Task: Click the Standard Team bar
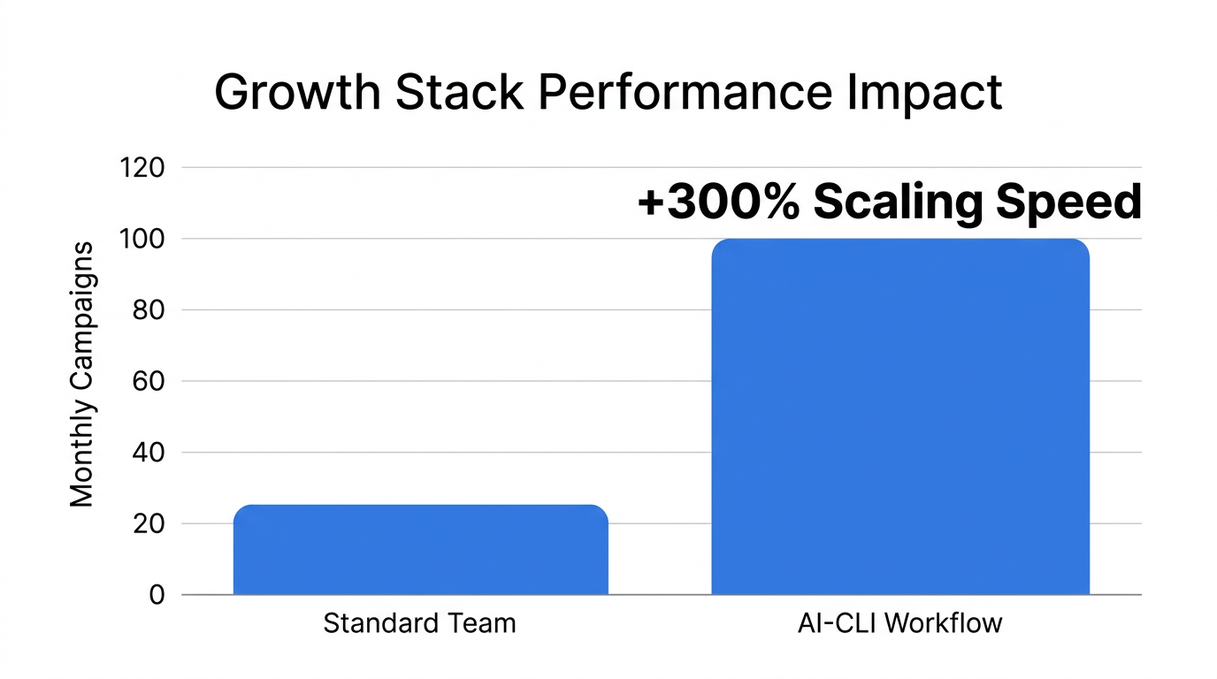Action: (420, 549)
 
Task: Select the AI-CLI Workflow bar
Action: (900, 416)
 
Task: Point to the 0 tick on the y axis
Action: (156, 595)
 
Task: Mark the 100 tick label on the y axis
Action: (142, 239)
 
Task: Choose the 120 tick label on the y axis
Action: (142, 167)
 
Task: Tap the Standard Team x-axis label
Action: (419, 623)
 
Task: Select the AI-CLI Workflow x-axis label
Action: (900, 623)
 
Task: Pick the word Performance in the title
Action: (685, 92)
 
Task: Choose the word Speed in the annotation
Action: (1068, 202)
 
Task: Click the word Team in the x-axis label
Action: (480, 623)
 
